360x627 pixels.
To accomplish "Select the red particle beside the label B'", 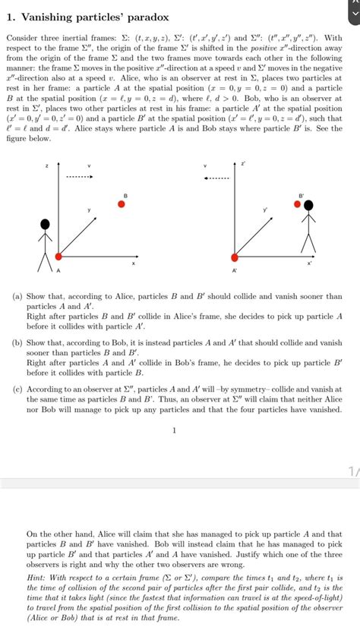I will pyautogui.click(x=298, y=204).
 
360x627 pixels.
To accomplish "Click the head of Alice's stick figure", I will pyautogui.click(x=46, y=223).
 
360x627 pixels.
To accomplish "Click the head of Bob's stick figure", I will pyautogui.click(x=308, y=203).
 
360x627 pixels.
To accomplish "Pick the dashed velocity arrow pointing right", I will pyautogui.click(x=79, y=178).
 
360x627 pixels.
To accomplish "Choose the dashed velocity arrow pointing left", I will pyautogui.click(x=218, y=178).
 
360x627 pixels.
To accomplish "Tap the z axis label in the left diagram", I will pyautogui.click(x=47, y=165).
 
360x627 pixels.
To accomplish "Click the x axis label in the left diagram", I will pyautogui.click(x=134, y=263).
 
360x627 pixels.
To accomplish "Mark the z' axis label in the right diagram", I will pyautogui.click(x=243, y=162).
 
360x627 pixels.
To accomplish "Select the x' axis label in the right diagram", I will pyautogui.click(x=308, y=263).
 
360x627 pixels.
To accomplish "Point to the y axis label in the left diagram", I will pyautogui.click(x=89, y=209).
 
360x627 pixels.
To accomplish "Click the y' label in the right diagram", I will pyautogui.click(x=265, y=209).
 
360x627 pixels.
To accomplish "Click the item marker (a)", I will pyautogui.click(x=16, y=297).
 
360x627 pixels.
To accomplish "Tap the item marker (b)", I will pyautogui.click(x=16, y=343).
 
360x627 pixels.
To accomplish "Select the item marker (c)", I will pyautogui.click(x=16, y=389).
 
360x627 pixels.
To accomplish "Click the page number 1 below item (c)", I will pyautogui.click(x=174, y=430).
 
